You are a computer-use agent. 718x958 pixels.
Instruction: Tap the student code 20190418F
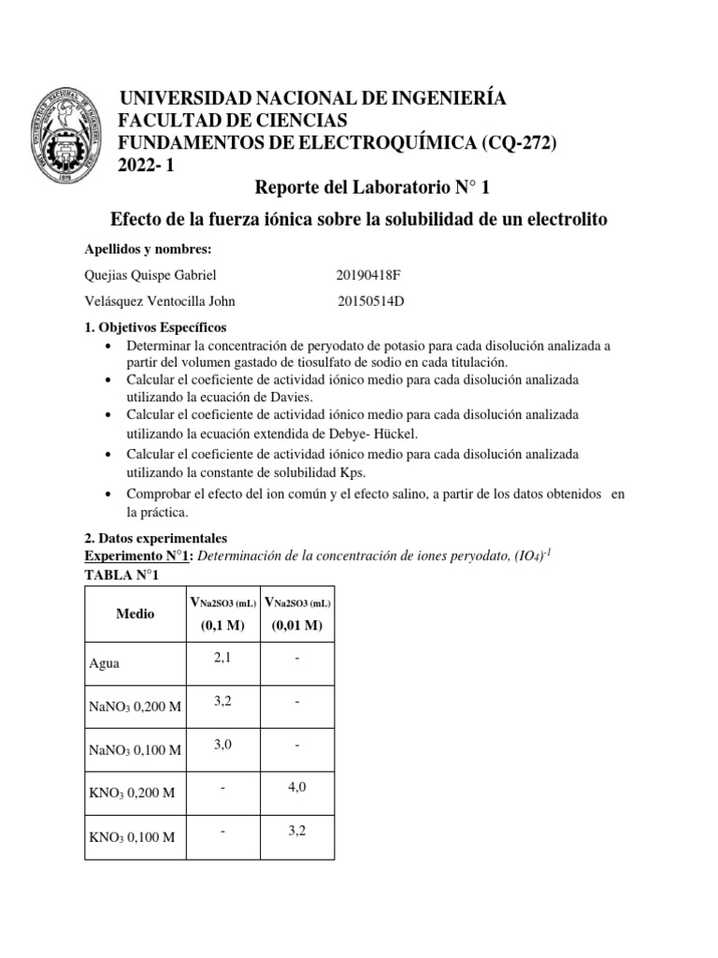(x=373, y=275)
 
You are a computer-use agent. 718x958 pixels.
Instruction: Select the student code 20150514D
(x=375, y=301)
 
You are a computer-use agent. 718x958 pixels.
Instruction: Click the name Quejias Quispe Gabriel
(x=151, y=275)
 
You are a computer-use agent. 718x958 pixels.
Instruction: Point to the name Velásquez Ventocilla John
(x=160, y=301)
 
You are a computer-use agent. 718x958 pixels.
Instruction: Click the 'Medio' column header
(x=136, y=614)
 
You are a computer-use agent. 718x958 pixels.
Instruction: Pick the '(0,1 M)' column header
(x=223, y=625)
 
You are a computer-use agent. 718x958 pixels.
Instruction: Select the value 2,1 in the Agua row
(x=223, y=658)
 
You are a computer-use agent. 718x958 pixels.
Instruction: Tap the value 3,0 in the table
(x=223, y=744)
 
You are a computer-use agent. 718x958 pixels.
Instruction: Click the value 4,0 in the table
(x=296, y=787)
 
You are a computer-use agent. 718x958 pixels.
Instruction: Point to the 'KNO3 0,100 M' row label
(x=132, y=836)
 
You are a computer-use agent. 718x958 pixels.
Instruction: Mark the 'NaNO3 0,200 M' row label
(x=136, y=706)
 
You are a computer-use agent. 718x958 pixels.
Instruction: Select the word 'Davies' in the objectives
(x=283, y=397)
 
